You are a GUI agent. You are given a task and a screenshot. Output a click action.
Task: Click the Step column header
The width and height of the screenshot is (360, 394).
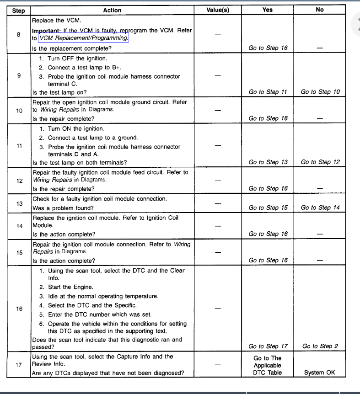18,10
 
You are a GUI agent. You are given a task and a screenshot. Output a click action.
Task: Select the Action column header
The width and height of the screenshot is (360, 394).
112,10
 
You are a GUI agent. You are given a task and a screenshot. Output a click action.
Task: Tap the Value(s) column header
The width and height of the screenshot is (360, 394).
218,10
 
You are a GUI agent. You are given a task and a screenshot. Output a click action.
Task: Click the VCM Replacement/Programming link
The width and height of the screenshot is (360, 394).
84,38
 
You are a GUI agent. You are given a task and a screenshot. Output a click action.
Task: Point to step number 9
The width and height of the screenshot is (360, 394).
19,76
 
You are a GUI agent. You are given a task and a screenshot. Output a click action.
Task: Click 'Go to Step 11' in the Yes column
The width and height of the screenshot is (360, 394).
268,92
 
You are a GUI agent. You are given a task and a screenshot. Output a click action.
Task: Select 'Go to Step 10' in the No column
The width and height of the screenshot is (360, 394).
320,92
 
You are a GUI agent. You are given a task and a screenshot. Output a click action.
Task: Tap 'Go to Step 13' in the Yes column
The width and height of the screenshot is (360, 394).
268,162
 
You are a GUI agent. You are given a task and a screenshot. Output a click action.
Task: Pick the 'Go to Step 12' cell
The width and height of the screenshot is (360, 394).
320,162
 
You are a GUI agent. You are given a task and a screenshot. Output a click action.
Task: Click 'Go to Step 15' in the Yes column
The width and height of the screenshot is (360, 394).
268,208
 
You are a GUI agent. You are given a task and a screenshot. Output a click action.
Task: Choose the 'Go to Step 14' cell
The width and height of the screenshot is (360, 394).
320,208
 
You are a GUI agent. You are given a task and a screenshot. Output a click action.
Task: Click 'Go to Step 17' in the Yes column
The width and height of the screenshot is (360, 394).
268,346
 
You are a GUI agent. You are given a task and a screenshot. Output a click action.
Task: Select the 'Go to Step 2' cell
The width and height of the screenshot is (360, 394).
320,346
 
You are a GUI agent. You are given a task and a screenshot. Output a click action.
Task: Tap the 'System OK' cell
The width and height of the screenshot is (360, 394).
320,373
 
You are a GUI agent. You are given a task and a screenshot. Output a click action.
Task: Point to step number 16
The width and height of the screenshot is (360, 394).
19,309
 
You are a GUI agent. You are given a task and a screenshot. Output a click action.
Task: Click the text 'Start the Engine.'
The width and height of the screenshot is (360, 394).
70,287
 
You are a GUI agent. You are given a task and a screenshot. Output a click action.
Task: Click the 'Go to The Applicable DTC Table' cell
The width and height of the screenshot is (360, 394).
268,365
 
